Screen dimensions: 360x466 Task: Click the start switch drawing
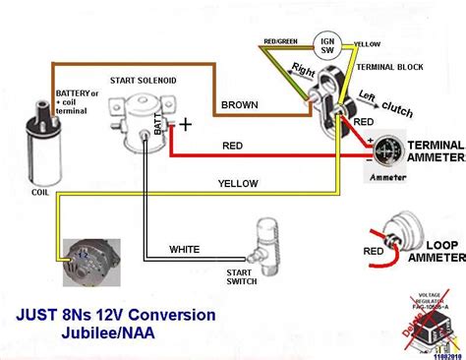pos(263,241)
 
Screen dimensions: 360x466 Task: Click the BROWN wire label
pos(240,104)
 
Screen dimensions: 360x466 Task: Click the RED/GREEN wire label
pos(281,40)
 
